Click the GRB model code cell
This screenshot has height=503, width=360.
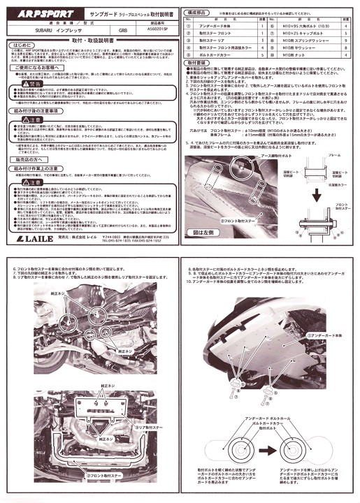coord(123,31)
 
